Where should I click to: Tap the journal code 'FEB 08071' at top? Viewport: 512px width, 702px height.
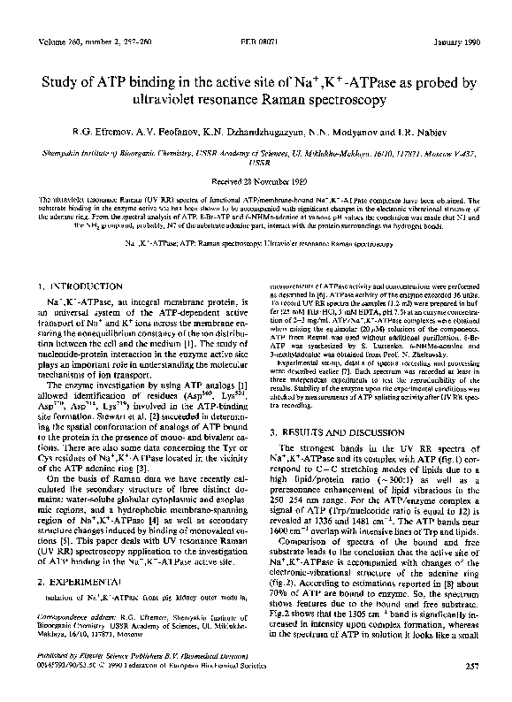pos(256,42)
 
